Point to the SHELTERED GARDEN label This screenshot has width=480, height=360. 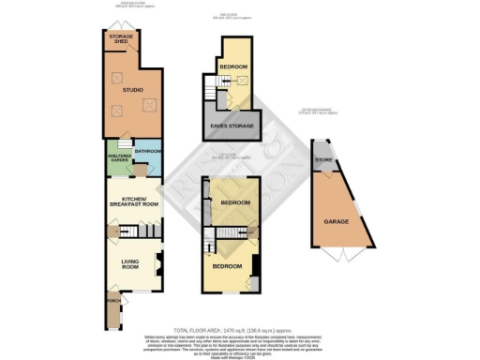point(119,158)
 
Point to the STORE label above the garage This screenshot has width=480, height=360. point(324,159)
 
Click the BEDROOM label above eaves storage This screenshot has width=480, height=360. point(233,67)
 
